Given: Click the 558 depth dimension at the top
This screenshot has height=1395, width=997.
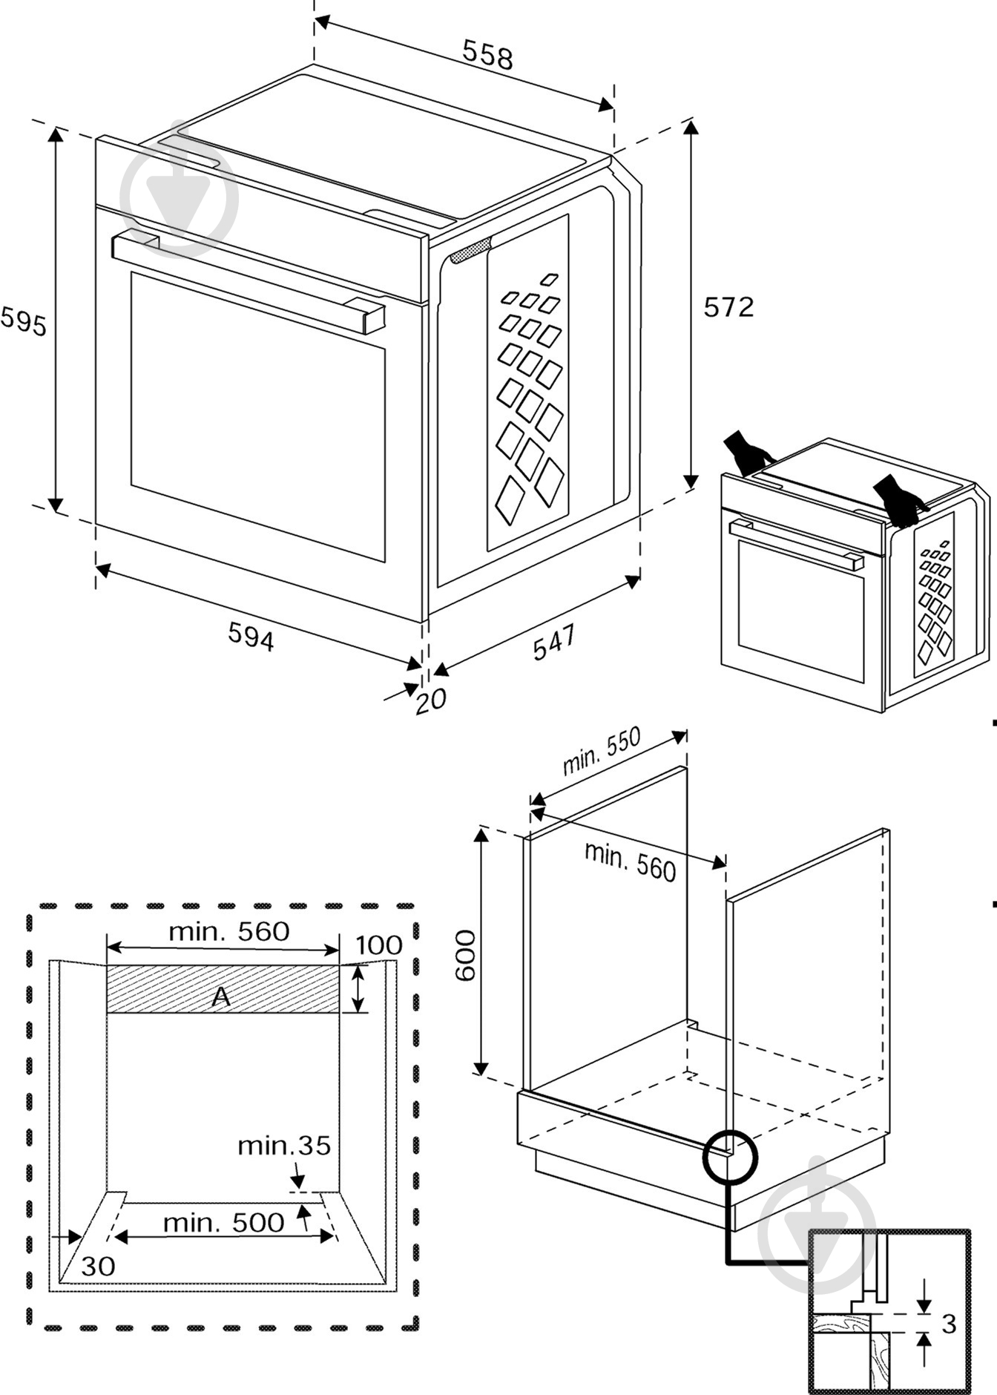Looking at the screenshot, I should [487, 55].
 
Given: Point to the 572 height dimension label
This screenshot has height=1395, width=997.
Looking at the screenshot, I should [728, 307].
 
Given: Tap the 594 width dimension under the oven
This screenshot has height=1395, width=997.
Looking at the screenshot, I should [251, 637].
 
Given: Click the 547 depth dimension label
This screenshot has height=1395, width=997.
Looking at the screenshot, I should [554, 642].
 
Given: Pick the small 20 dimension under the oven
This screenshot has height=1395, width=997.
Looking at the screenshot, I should [430, 700].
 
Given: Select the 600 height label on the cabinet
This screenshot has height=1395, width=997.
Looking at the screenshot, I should [466, 955].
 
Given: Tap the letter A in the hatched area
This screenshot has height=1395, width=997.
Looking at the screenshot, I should [221, 997].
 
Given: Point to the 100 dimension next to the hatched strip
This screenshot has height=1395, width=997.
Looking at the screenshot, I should [379, 945].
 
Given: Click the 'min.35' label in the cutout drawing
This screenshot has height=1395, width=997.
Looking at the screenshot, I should [284, 1146].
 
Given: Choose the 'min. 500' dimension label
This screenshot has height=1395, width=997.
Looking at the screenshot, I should [223, 1222].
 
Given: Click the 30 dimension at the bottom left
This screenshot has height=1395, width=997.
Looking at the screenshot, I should [98, 1266].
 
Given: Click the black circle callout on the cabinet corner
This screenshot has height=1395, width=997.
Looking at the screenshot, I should [730, 1156].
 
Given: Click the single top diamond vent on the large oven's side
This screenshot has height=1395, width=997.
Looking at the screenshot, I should [549, 279].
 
